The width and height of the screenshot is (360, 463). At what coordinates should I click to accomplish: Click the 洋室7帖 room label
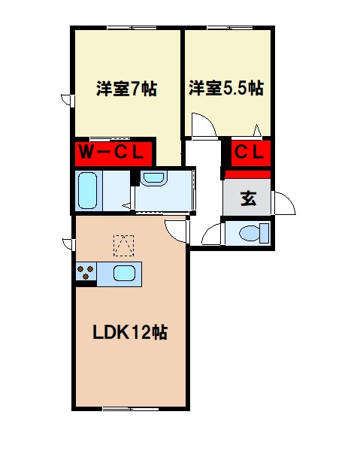(x=126, y=89)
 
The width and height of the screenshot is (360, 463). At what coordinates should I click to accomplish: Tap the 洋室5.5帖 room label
(x=225, y=89)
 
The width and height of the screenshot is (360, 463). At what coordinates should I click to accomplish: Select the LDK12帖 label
(x=129, y=331)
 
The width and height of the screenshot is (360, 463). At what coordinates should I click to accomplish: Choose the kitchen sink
(x=125, y=273)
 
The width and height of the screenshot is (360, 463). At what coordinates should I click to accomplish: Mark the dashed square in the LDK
(x=123, y=244)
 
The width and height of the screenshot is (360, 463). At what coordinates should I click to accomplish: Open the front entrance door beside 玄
(x=283, y=202)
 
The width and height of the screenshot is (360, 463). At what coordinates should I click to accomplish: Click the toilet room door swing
(x=211, y=234)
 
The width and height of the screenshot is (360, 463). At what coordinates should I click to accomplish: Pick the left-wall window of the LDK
(x=68, y=244)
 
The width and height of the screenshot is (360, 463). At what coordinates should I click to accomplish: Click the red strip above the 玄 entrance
(x=248, y=174)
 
